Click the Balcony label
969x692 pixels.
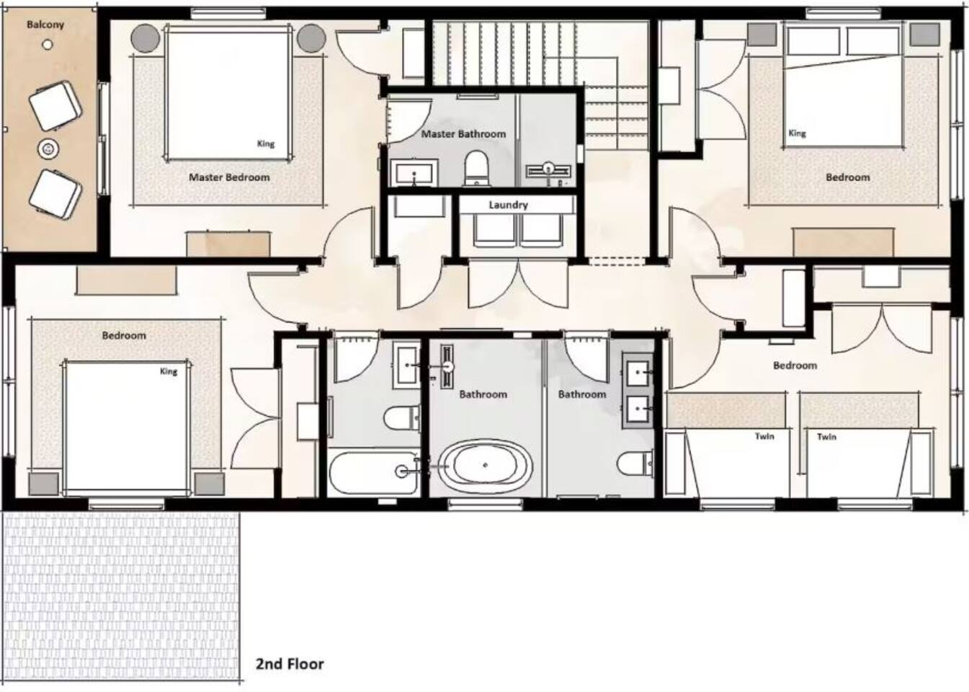point(45,25)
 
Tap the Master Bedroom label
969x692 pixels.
point(229,177)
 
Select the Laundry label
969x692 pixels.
point(509,205)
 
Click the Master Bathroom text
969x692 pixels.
point(463,134)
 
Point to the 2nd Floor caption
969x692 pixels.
point(290,664)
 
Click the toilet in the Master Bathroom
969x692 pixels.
point(476,167)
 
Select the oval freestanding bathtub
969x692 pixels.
point(485,466)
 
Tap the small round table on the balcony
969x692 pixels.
point(48,149)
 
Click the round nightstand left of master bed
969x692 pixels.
point(146,38)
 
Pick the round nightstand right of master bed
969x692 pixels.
point(311,38)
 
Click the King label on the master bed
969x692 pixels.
point(266,143)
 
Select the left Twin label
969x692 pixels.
point(764,436)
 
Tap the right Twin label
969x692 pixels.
point(826,437)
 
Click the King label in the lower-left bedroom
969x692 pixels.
point(169,371)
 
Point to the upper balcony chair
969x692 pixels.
point(55,106)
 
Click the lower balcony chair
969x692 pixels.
point(55,195)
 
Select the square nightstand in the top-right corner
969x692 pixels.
point(925,35)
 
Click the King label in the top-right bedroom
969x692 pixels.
point(798,133)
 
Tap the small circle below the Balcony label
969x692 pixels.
point(48,45)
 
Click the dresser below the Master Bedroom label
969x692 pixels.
point(229,244)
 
